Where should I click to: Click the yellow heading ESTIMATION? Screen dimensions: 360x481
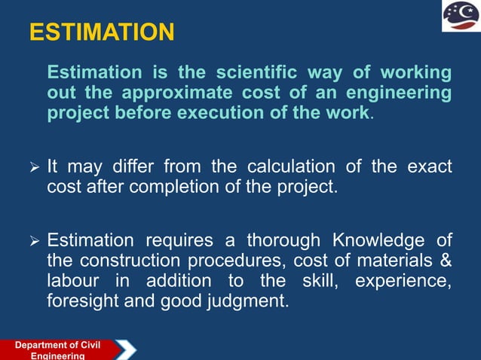click(101, 32)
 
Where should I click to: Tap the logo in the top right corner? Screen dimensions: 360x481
click(459, 17)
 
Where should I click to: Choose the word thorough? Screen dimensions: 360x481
click(286, 240)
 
